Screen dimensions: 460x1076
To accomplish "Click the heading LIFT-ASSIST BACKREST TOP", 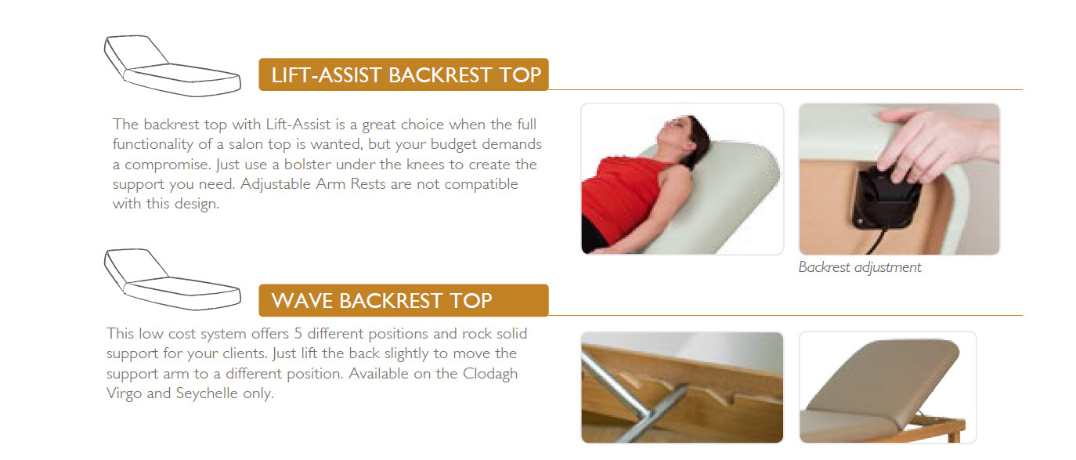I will click(x=405, y=75).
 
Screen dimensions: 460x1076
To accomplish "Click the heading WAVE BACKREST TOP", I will click(x=381, y=301).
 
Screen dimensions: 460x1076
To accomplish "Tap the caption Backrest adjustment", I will click(x=859, y=267).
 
